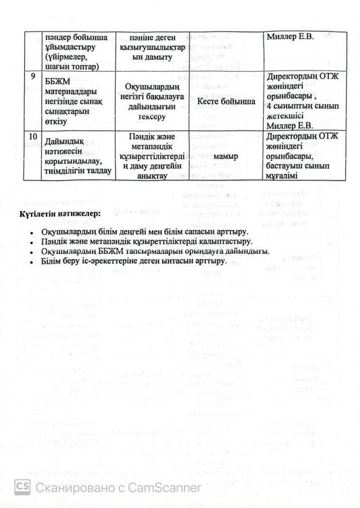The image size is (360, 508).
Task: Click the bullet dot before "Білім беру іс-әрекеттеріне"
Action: click(31, 262)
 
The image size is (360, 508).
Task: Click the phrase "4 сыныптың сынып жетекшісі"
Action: click(304, 111)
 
